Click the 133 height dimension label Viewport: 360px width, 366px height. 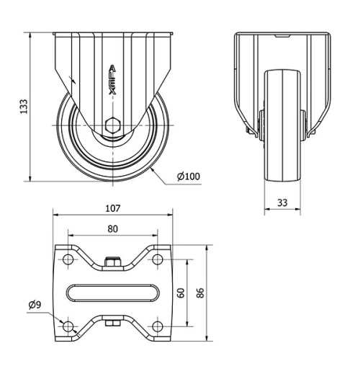(24, 107)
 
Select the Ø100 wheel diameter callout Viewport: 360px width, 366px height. (188, 176)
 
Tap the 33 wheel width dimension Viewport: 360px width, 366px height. (282, 203)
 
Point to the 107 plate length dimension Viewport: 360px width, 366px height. (112, 209)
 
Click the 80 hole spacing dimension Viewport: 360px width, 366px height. (112, 229)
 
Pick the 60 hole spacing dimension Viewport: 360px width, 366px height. (182, 292)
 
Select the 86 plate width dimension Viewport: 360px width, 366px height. (202, 292)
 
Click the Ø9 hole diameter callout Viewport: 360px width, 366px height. (35, 305)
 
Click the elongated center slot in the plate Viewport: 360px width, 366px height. (112, 293)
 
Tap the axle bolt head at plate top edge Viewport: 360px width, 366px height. (112, 262)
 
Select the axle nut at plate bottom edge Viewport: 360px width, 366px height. (112, 323)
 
